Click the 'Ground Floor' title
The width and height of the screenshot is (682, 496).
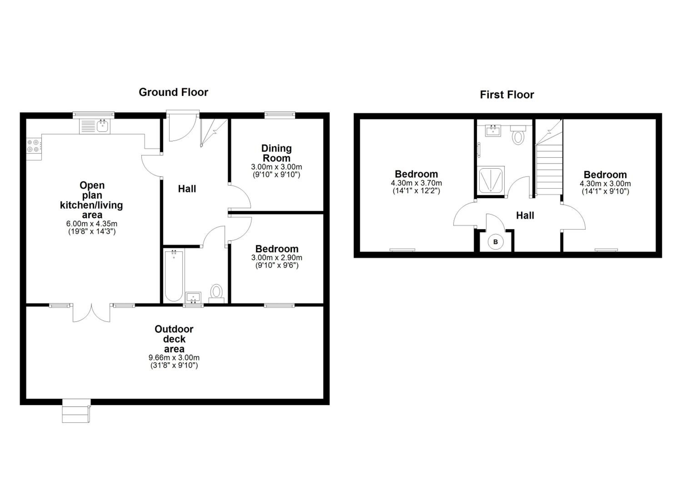tap(173, 92)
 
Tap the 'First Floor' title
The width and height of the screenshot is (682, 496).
tap(507, 95)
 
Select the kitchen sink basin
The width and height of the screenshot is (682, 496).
tap(103, 126)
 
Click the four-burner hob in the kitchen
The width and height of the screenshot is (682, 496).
tap(34, 146)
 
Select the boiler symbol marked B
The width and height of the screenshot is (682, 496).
tap(496, 242)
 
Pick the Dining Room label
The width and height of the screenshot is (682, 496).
tap(276, 153)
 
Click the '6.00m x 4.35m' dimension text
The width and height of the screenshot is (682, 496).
tap(92, 224)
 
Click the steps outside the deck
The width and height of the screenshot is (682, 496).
tap(76, 411)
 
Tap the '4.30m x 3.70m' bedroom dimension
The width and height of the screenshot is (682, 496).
tap(416, 183)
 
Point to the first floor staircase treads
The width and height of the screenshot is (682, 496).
tap(549, 170)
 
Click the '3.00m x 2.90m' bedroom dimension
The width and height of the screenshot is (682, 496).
tap(277, 258)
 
